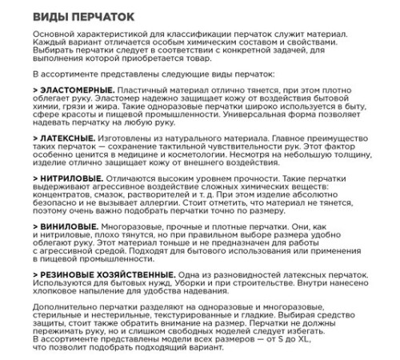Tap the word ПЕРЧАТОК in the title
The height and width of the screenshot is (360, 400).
[x=101, y=16]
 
